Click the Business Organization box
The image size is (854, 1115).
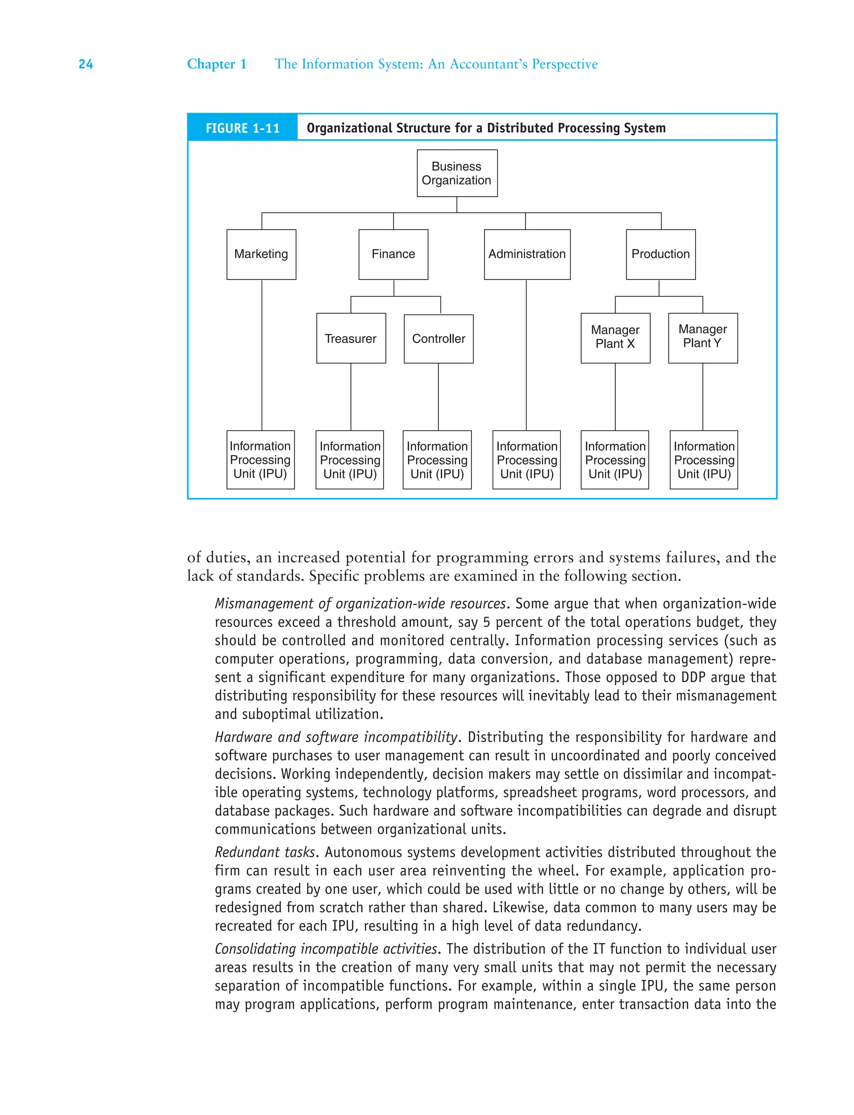(x=457, y=173)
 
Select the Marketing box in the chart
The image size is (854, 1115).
(x=261, y=254)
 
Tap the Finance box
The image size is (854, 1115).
(x=393, y=254)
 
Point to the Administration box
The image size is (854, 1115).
(x=527, y=254)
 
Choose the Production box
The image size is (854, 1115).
(x=661, y=254)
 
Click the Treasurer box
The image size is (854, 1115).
(x=351, y=339)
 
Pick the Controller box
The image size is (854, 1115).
(x=438, y=339)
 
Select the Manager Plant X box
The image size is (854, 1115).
(x=615, y=337)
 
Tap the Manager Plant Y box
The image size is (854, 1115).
(x=703, y=337)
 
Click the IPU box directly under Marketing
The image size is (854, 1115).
(x=260, y=460)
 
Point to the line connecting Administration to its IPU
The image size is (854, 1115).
(x=526, y=356)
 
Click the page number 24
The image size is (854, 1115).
(x=86, y=65)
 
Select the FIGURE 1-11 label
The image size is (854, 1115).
(x=242, y=128)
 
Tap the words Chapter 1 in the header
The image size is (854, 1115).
(x=216, y=64)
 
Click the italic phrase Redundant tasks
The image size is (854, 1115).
(x=265, y=852)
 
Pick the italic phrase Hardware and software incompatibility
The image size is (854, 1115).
(x=336, y=737)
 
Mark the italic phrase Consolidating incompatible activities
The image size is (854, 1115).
(x=325, y=949)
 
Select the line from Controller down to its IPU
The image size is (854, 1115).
(x=438, y=397)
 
